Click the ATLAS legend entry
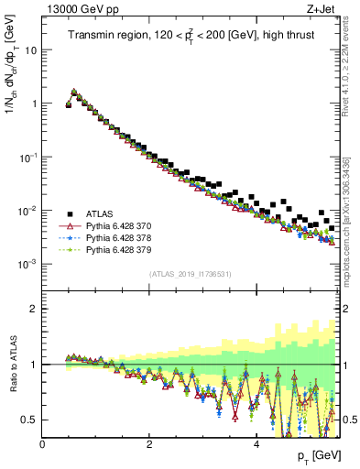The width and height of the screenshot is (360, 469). click(x=103, y=213)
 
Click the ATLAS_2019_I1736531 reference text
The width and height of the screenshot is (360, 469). click(x=190, y=273)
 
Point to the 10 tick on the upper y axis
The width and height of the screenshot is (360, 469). click(x=31, y=50)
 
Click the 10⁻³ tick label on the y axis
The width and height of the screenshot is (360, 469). click(x=27, y=264)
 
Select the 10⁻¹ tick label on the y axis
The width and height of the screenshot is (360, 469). click(x=27, y=157)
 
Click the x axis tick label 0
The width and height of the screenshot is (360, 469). click(x=43, y=444)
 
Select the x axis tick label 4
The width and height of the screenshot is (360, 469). click(x=256, y=444)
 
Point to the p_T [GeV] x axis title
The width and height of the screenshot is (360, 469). click(x=311, y=456)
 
